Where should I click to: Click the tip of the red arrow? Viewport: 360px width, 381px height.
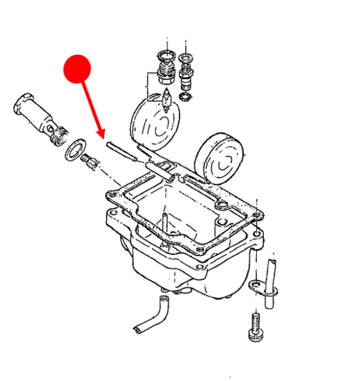[x=103, y=139]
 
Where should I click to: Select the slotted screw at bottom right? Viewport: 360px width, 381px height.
[x=254, y=328]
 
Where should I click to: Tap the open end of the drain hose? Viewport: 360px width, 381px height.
[x=137, y=329]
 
